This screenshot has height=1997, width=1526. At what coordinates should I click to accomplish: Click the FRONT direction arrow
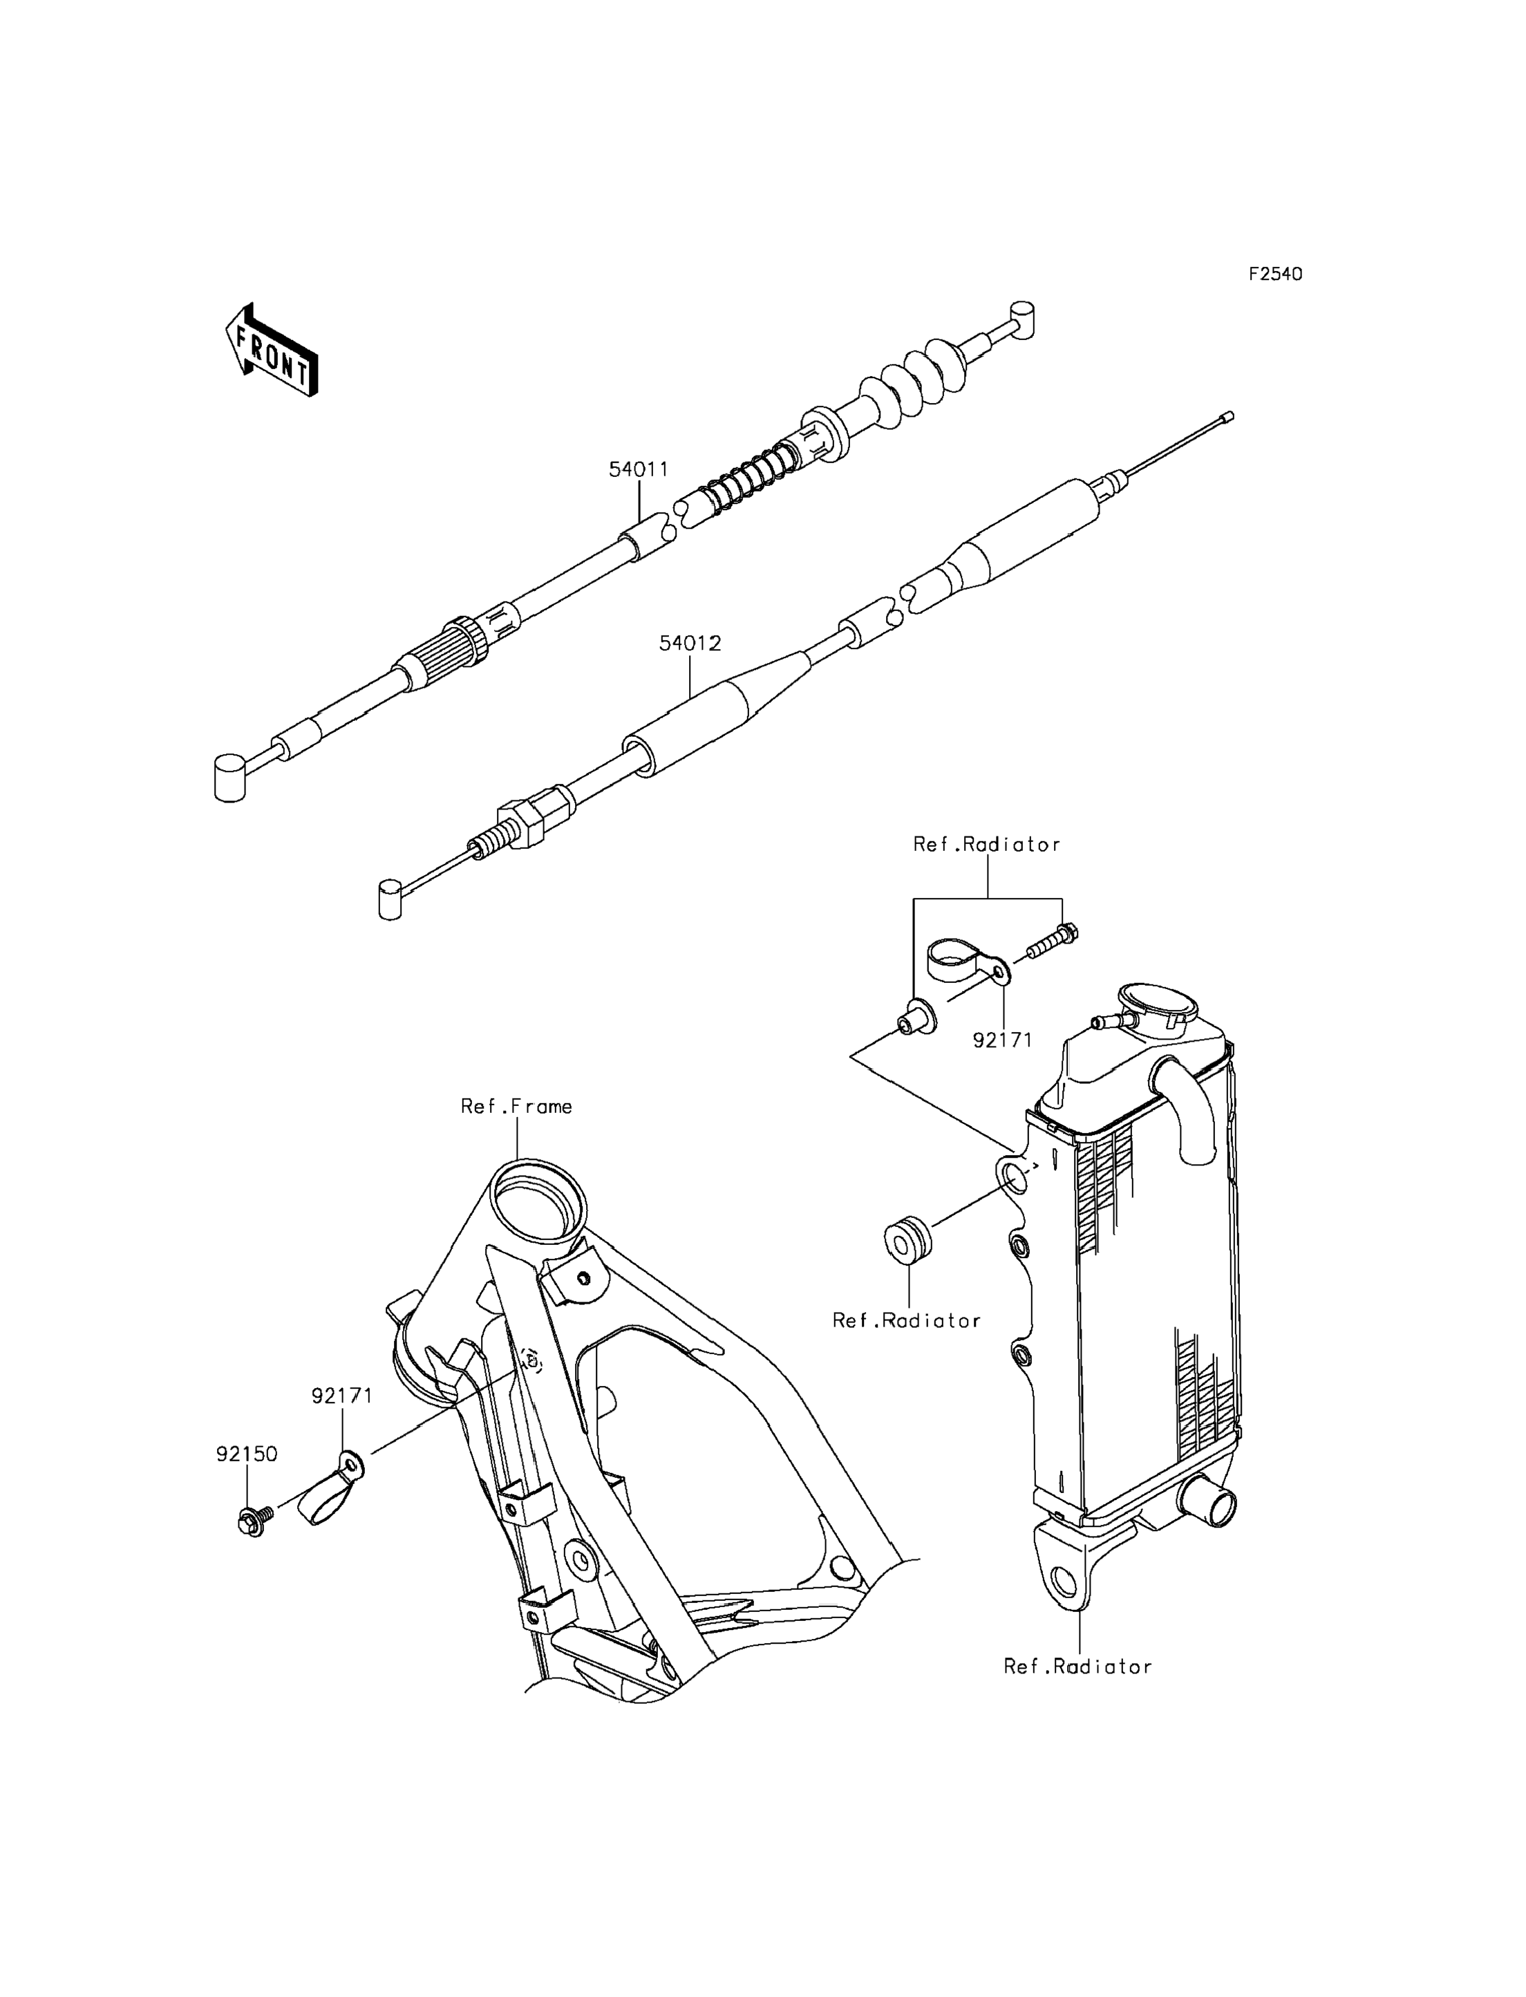[272, 352]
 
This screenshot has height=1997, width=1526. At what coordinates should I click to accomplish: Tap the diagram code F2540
[1274, 274]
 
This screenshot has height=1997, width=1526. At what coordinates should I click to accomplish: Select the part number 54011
[638, 470]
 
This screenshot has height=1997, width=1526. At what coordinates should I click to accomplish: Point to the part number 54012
[690, 644]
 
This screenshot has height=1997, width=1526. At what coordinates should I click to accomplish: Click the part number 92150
[246, 1454]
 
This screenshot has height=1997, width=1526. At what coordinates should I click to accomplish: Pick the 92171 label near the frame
[342, 1396]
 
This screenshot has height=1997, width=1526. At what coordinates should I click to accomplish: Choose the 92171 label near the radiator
[1003, 1040]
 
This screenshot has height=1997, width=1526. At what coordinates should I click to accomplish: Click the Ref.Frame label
[516, 1107]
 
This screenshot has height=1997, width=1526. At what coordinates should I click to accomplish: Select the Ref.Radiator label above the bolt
[986, 845]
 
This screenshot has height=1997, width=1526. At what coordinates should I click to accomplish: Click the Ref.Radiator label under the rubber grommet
[907, 1321]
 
